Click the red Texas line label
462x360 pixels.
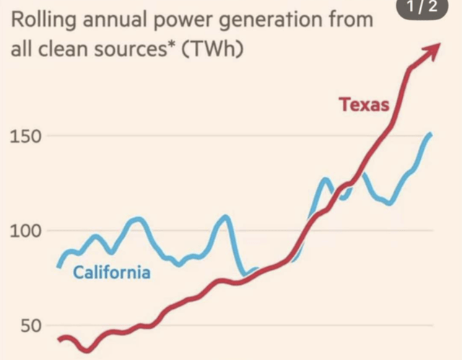coord(365,105)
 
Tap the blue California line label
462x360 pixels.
coord(112,273)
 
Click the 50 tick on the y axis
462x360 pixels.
coord(22,326)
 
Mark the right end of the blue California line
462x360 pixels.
coord(431,135)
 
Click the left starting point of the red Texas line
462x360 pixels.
coord(60,339)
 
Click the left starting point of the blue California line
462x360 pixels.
coord(59,265)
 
